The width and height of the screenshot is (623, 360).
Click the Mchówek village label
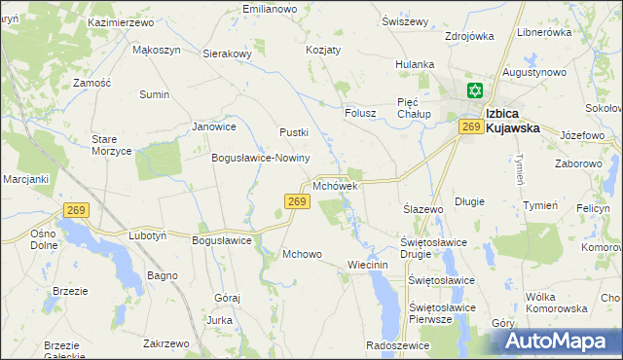[x=337, y=185]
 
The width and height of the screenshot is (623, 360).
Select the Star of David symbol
[x=474, y=91]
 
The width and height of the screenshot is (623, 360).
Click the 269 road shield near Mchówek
[x=298, y=201]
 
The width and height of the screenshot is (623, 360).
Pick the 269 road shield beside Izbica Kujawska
[x=472, y=127]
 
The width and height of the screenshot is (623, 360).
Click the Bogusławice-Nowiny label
[x=260, y=158]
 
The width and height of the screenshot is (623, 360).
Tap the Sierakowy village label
[x=227, y=54]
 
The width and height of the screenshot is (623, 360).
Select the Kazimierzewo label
[x=121, y=20]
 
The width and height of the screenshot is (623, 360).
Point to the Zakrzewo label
[x=165, y=343]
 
